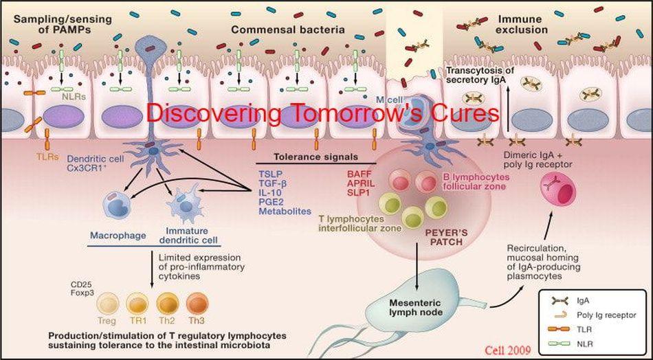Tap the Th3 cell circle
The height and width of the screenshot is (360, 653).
[x=197, y=302]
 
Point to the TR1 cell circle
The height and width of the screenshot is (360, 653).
[x=140, y=302]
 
